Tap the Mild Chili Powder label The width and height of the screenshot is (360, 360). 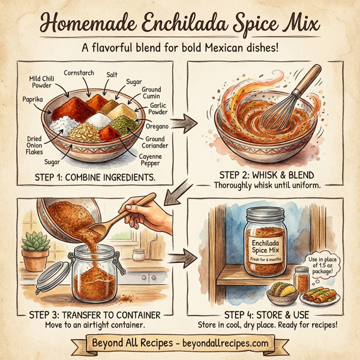pyautogui.click(x=41, y=82)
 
